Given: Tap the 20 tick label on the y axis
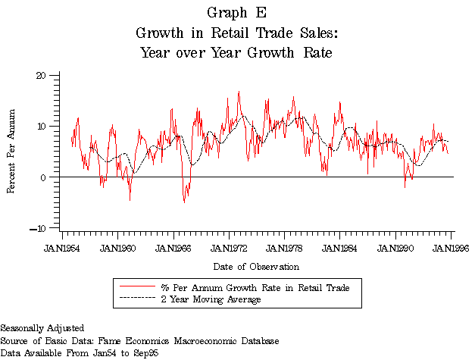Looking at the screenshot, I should [42, 75].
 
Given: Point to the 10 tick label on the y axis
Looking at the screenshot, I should [42, 126].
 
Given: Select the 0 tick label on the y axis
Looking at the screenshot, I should [44, 177].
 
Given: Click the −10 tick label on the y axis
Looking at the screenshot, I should [39, 227].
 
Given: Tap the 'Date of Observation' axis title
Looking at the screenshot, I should [255, 266].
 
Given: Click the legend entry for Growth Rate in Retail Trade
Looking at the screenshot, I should [258, 287].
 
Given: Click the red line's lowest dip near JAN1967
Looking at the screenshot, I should [184, 202].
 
